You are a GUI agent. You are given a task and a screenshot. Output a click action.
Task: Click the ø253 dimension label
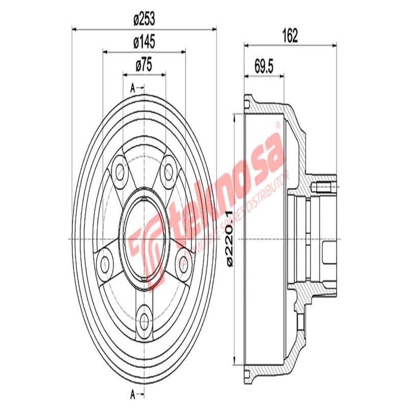coord(144,20)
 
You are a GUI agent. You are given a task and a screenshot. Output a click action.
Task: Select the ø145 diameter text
coord(144,42)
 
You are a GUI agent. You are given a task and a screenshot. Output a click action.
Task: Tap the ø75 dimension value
coord(144,65)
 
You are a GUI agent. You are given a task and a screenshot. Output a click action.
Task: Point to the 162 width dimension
coord(289,36)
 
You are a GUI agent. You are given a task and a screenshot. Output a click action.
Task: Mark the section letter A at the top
coord(133,87)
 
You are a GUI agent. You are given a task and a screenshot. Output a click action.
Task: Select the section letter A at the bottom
coord(133,394)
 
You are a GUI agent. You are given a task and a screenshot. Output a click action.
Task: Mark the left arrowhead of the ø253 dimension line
coord(73,29)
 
